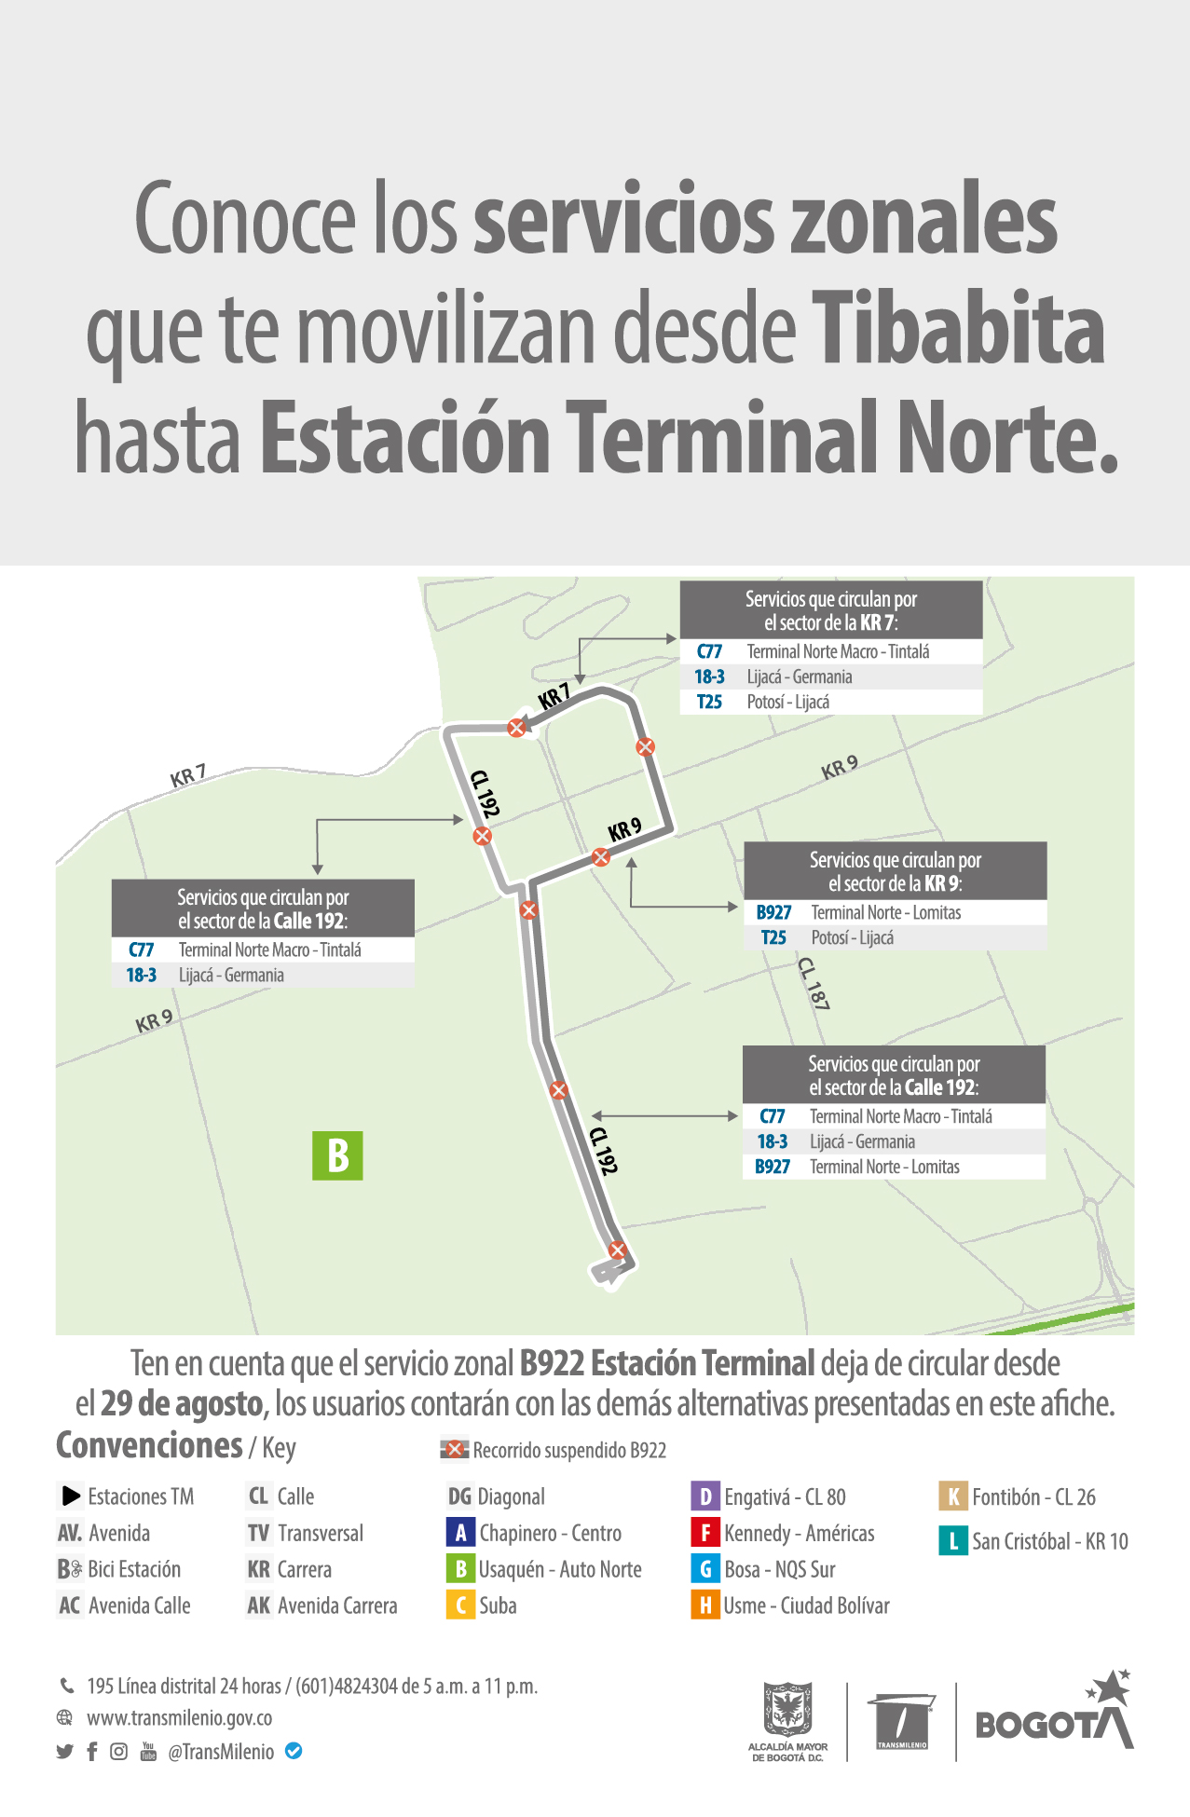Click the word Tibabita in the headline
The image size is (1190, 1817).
tap(958, 328)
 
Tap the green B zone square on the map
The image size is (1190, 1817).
tap(337, 1155)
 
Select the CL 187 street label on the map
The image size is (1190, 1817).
tap(814, 983)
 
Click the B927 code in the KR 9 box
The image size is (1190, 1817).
tap(773, 913)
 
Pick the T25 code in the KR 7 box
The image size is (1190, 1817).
tap(709, 703)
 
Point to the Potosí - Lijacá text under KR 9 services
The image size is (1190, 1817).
tap(852, 938)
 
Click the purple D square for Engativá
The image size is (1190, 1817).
tap(705, 1496)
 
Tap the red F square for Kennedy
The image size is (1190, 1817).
tap(705, 1533)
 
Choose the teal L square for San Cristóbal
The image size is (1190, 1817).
tap(952, 1541)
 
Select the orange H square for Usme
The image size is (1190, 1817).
tap(705, 1605)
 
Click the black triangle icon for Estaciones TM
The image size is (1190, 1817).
tap(71, 1496)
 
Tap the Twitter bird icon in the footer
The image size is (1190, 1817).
tap(64, 1752)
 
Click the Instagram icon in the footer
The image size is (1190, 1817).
tap(118, 1752)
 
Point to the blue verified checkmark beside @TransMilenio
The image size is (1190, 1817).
tap(294, 1751)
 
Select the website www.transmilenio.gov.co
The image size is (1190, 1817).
tap(179, 1718)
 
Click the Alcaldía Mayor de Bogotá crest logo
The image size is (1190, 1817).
tap(787, 1709)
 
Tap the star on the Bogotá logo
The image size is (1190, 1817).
tap(1111, 1687)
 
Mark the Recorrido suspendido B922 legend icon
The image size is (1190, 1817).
tap(454, 1450)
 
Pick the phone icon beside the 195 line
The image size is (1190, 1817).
tap(67, 1686)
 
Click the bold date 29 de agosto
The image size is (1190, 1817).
tap(182, 1403)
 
